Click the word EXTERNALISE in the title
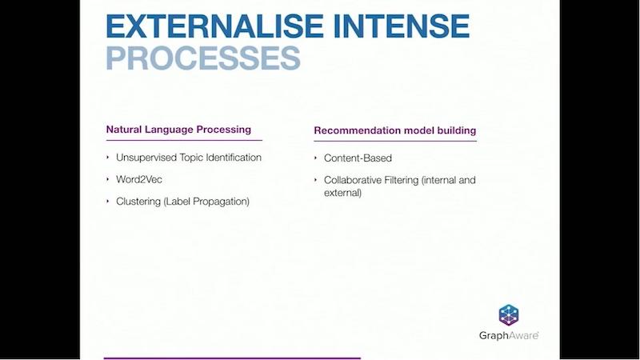click(214, 26)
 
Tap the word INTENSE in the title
click(402, 26)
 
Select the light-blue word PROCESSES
click(203, 58)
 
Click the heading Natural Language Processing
click(178, 130)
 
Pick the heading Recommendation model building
click(395, 130)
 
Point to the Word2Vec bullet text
click(139, 179)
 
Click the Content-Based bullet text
click(358, 158)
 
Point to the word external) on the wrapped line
click(343, 193)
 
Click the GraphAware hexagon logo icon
click(509, 315)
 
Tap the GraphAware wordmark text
click(509, 335)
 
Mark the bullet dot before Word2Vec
click(108, 179)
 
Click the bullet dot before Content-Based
click(315, 158)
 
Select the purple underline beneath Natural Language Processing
click(184, 141)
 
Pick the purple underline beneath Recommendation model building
click(395, 142)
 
